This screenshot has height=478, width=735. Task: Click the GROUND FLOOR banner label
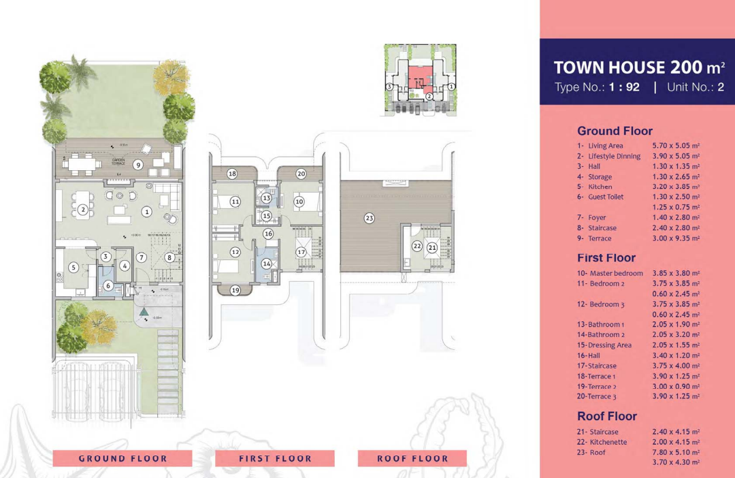point(122,458)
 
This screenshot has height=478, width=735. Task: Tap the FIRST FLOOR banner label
point(275,458)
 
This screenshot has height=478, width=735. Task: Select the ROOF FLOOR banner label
point(412,458)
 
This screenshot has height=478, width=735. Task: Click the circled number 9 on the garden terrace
point(137,164)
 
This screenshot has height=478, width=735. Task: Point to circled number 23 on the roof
point(370,219)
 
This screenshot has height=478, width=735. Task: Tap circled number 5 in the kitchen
point(73,268)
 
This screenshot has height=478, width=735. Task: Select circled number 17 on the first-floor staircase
point(301,252)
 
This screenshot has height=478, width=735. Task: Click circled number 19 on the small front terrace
point(235,290)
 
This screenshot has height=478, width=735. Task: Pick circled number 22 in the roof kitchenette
point(417,246)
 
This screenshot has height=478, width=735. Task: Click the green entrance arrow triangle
point(144,312)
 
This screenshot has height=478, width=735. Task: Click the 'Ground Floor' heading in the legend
point(615,131)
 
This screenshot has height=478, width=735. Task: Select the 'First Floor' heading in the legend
point(606,257)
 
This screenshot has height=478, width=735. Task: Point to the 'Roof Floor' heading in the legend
point(607,416)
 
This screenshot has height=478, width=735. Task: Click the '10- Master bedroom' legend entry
point(610,273)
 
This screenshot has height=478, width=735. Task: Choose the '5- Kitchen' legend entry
point(595,187)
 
